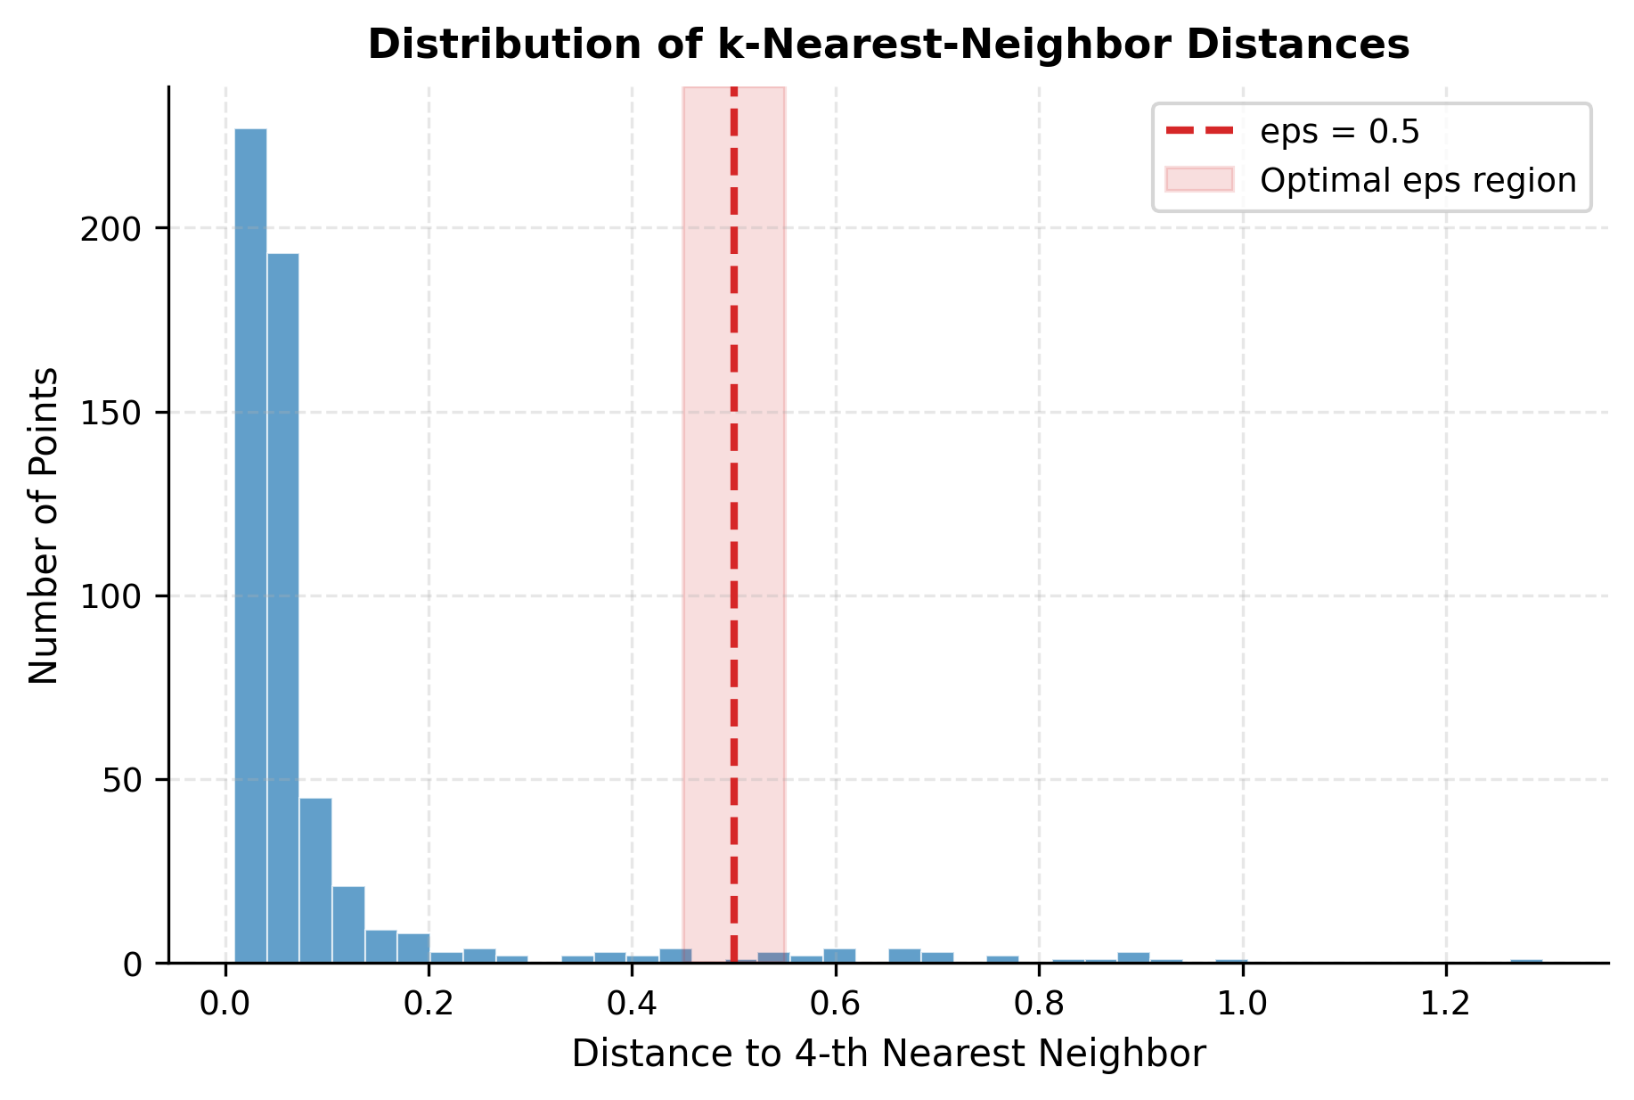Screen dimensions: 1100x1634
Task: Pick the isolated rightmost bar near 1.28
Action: click(1526, 961)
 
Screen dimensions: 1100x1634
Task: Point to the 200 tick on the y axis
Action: click(110, 229)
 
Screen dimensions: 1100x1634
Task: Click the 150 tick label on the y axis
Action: click(110, 413)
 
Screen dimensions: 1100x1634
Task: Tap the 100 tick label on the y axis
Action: click(110, 596)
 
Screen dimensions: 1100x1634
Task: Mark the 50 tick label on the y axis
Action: click(120, 780)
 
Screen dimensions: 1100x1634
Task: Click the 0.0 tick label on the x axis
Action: click(225, 1004)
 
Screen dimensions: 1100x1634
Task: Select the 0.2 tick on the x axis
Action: click(429, 1004)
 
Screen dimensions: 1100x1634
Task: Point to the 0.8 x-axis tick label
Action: click(1039, 1004)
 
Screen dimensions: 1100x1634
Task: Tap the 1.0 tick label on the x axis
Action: click(1242, 1004)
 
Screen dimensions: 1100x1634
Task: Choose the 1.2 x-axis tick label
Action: click(1445, 1004)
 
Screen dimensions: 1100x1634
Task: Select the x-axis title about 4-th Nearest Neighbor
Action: click(888, 1055)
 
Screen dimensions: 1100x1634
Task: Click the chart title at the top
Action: click(888, 45)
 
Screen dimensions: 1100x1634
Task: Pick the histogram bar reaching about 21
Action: click(348, 924)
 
